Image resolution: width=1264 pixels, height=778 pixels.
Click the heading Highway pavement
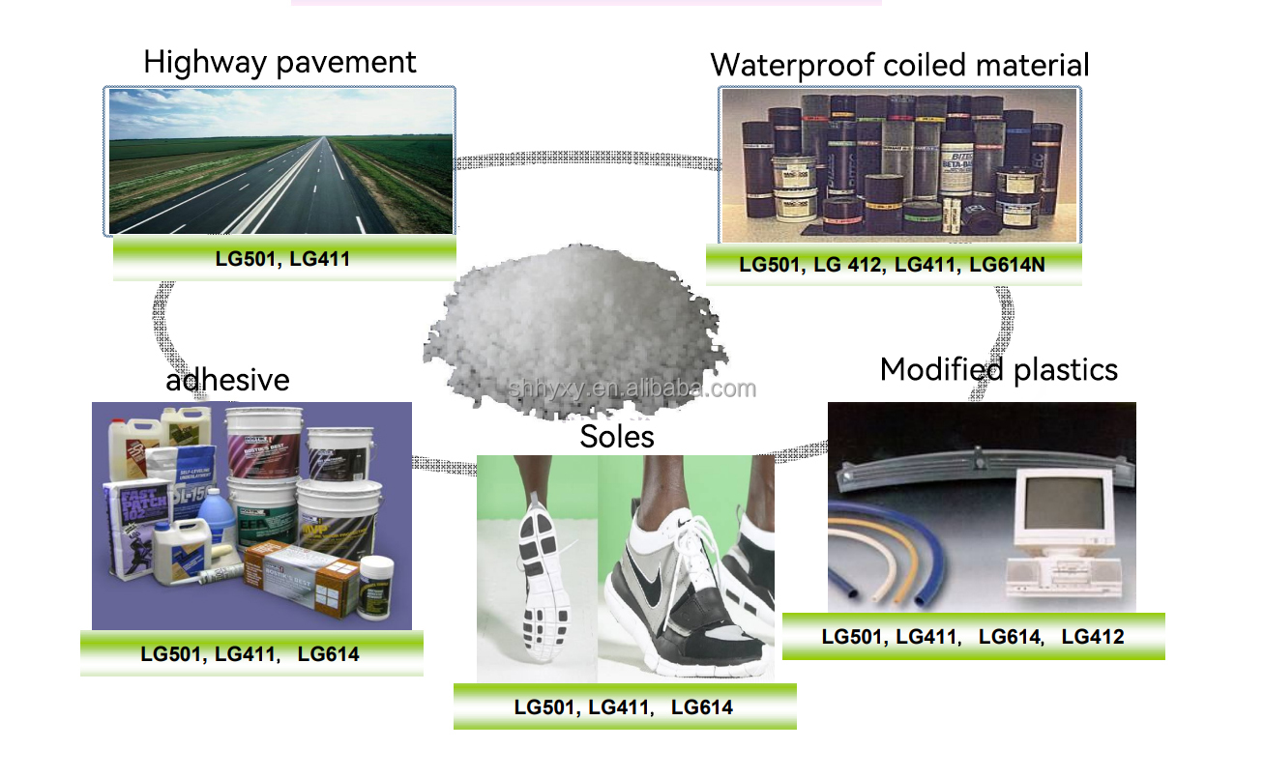279,63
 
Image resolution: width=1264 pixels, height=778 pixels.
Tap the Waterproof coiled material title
899,65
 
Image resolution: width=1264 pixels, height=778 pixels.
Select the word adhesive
227,380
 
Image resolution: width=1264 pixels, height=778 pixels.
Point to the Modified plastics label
998,369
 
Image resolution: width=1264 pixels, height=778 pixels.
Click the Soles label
617,437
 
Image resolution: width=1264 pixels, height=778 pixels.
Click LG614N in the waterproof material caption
1007,264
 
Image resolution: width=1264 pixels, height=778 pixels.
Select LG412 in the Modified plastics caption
1093,637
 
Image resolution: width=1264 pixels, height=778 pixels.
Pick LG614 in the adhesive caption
328,654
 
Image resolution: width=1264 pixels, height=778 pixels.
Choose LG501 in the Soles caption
546,707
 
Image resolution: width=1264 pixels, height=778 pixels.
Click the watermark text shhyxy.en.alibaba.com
632,389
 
